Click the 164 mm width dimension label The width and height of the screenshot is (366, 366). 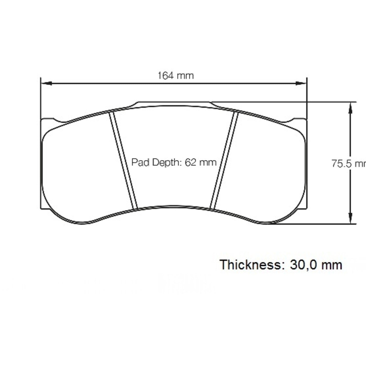point(176,75)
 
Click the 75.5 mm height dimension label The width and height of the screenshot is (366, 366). point(349,164)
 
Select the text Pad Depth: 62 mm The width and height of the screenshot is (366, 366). point(174,162)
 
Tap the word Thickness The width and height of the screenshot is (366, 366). point(250,265)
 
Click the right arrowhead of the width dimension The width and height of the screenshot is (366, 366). point(301,83)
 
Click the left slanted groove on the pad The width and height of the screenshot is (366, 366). point(124,161)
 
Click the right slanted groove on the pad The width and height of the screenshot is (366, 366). point(224,161)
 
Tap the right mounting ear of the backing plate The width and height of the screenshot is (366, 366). point(299,121)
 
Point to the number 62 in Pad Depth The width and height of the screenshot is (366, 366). point(190,162)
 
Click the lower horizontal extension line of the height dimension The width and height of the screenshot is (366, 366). point(317,224)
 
